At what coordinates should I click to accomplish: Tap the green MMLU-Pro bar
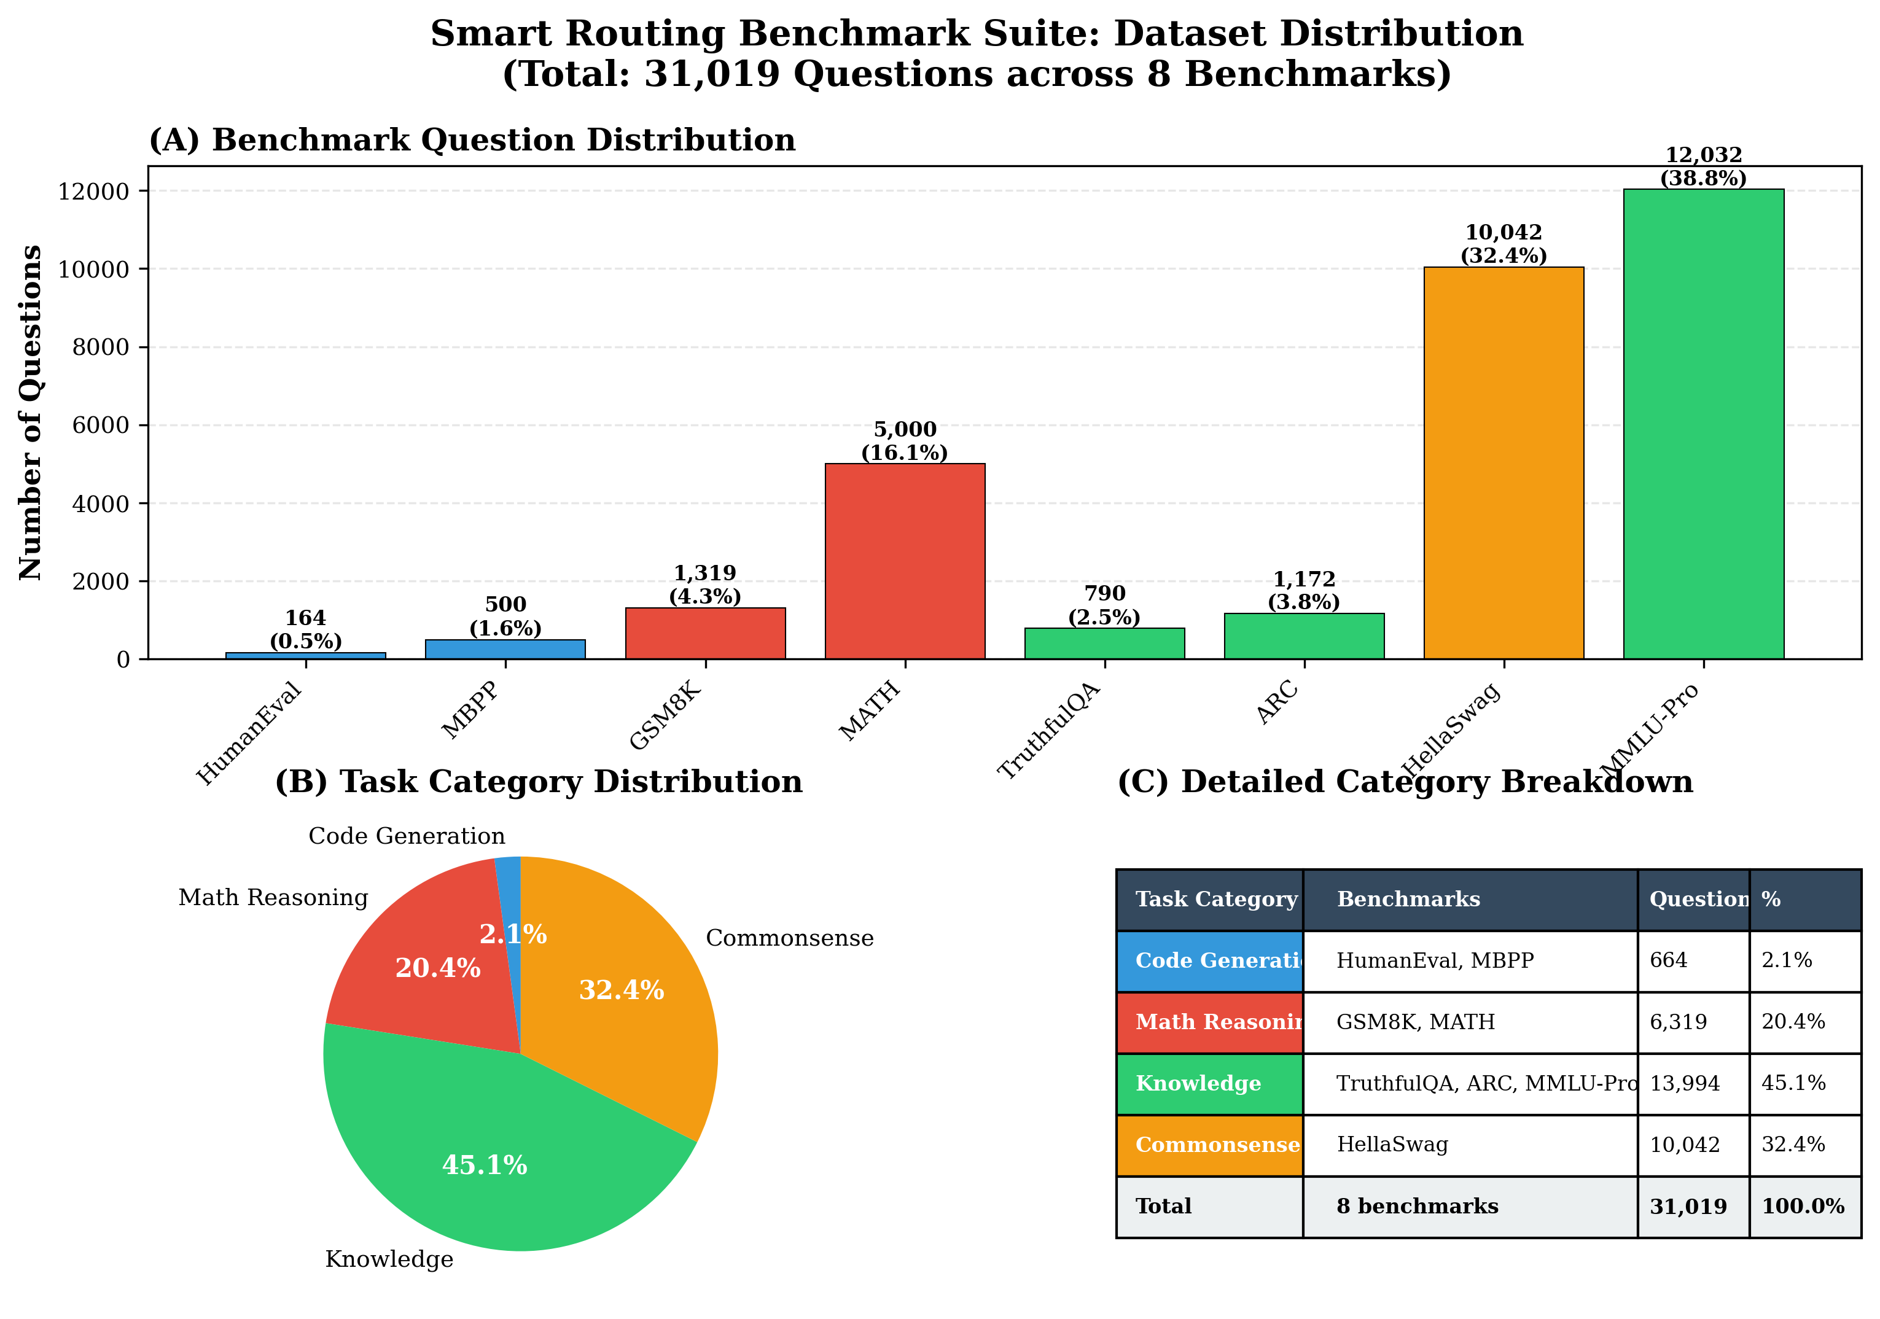tap(1703, 424)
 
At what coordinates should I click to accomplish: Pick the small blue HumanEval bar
tap(305, 655)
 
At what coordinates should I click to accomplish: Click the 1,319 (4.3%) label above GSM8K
tap(705, 585)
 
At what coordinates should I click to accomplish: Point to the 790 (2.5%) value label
tap(1104, 605)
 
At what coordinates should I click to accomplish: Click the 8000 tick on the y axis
tap(100, 347)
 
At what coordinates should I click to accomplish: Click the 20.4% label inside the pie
tap(437, 968)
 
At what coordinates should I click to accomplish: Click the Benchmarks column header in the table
tap(1408, 900)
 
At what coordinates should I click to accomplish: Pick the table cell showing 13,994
tap(1684, 1083)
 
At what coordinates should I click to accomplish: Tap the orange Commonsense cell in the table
tap(1209, 1145)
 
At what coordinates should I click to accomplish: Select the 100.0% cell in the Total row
tap(1803, 1206)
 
